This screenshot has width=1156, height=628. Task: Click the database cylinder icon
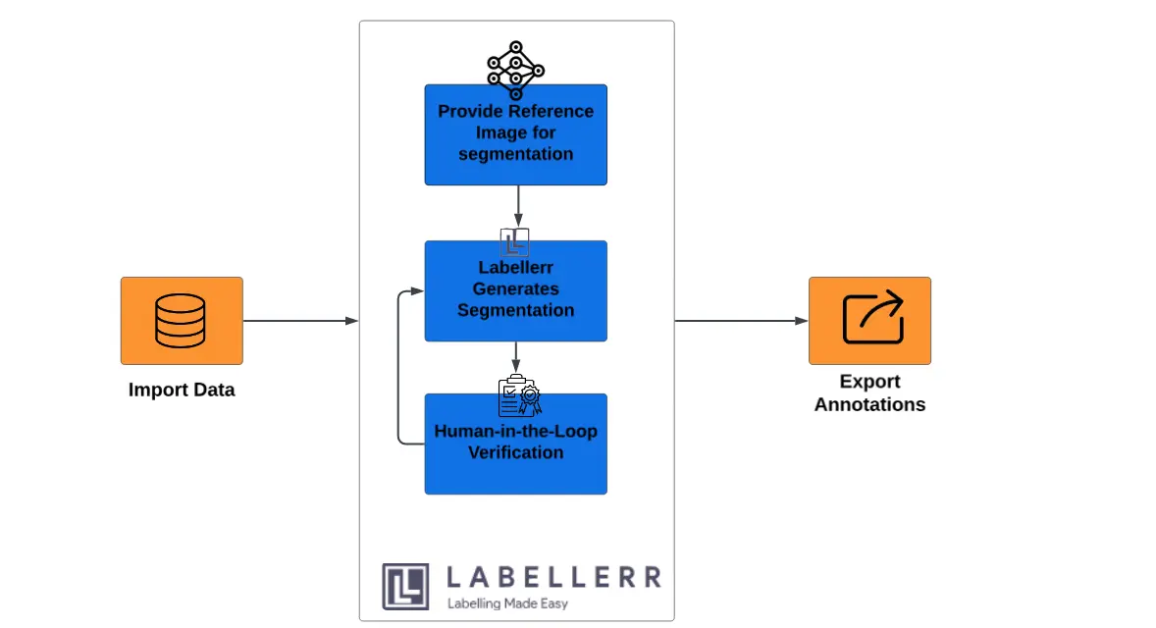181,321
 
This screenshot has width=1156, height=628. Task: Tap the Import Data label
182,390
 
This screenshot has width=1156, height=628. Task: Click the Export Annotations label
869,392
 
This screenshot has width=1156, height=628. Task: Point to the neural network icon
515,70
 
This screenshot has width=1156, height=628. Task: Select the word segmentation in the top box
515,154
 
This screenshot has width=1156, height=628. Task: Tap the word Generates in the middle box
515,288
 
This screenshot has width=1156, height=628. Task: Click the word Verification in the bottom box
515,452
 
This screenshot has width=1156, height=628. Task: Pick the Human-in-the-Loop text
515,432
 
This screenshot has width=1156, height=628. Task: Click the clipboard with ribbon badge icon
518,396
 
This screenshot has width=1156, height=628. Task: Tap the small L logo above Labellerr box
514,242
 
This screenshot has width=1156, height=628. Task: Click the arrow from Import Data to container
299,321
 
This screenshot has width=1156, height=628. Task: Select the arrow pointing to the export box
741,321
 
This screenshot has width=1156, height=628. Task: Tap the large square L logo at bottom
405,587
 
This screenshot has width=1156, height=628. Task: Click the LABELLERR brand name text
552,577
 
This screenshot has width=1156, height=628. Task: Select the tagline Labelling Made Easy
507,603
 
